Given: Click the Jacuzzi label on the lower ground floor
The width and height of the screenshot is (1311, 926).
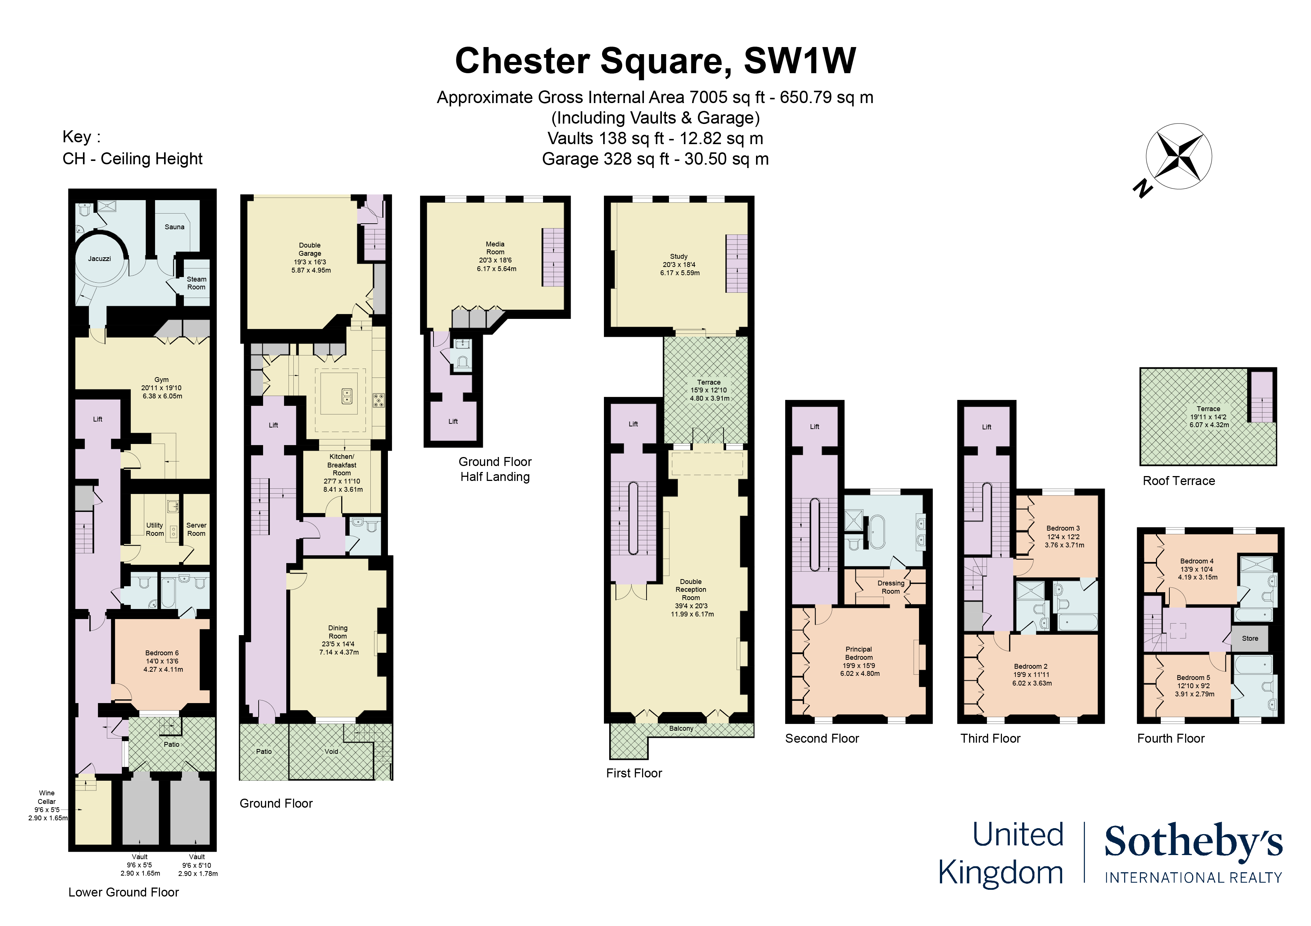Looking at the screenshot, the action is pyautogui.click(x=99, y=258).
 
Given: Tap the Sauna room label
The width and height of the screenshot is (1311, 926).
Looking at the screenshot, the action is pyautogui.click(x=174, y=227).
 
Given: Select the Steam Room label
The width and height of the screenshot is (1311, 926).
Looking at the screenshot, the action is pyautogui.click(x=197, y=283).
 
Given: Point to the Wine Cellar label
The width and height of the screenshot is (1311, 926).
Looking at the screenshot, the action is pyautogui.click(x=47, y=797).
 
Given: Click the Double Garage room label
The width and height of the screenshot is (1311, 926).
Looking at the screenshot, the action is pyautogui.click(x=310, y=249).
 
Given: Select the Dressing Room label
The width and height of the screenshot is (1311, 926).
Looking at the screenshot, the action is pyautogui.click(x=891, y=587).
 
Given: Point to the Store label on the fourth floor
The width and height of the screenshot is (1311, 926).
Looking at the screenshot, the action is pyautogui.click(x=1250, y=638).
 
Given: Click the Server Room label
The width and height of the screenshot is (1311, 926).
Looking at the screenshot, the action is pyautogui.click(x=197, y=529).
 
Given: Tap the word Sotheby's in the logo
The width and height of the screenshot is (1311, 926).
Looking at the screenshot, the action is pyautogui.click(x=1193, y=842).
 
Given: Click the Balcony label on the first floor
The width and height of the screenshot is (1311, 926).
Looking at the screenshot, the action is pyautogui.click(x=681, y=728).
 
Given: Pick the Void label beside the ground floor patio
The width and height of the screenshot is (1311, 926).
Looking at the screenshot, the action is pyautogui.click(x=332, y=751).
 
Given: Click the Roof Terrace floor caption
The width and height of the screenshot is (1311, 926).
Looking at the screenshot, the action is pyautogui.click(x=1179, y=481).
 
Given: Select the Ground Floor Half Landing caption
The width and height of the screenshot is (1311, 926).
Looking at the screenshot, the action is pyautogui.click(x=495, y=469).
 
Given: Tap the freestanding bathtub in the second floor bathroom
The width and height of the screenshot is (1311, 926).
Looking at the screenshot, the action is pyautogui.click(x=877, y=532).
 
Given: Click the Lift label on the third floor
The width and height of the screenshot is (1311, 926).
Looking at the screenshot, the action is pyautogui.click(x=987, y=427).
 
